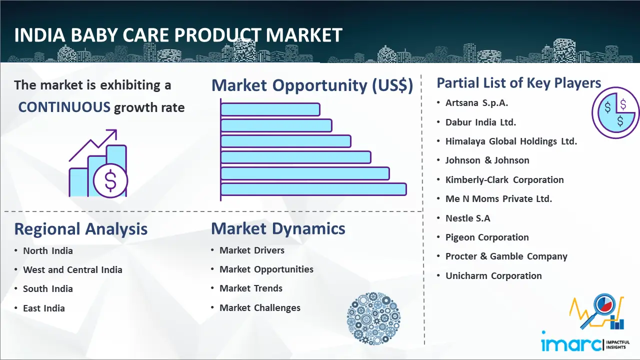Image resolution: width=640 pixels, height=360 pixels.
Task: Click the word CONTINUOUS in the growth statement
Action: click(x=64, y=107)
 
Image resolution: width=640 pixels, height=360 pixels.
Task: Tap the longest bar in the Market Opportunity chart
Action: click(x=313, y=189)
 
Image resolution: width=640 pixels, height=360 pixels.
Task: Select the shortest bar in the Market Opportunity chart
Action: click(x=270, y=109)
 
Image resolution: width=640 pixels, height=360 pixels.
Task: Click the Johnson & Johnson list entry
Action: click(x=487, y=160)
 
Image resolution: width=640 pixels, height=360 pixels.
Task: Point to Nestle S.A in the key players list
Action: click(x=467, y=218)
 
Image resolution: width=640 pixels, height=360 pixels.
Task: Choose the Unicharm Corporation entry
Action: click(x=493, y=275)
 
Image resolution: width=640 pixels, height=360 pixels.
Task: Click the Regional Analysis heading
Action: click(x=81, y=229)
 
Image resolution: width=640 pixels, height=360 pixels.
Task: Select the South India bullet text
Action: click(x=47, y=289)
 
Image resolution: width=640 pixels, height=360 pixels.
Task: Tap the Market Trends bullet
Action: click(x=251, y=288)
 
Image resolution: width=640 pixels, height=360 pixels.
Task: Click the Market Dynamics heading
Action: click(x=278, y=228)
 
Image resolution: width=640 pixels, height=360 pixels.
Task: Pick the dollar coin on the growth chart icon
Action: click(x=110, y=180)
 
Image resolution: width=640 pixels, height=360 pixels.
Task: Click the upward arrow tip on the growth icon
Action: click(x=116, y=130)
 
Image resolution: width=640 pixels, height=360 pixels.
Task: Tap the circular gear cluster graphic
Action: click(x=373, y=318)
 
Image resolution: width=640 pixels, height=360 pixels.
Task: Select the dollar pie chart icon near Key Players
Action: click(x=615, y=112)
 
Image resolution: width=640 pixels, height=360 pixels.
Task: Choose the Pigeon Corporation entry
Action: click(x=487, y=237)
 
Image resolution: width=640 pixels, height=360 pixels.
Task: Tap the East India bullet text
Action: click(x=43, y=308)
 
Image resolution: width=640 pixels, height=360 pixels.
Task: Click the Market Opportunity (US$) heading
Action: click(x=312, y=85)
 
